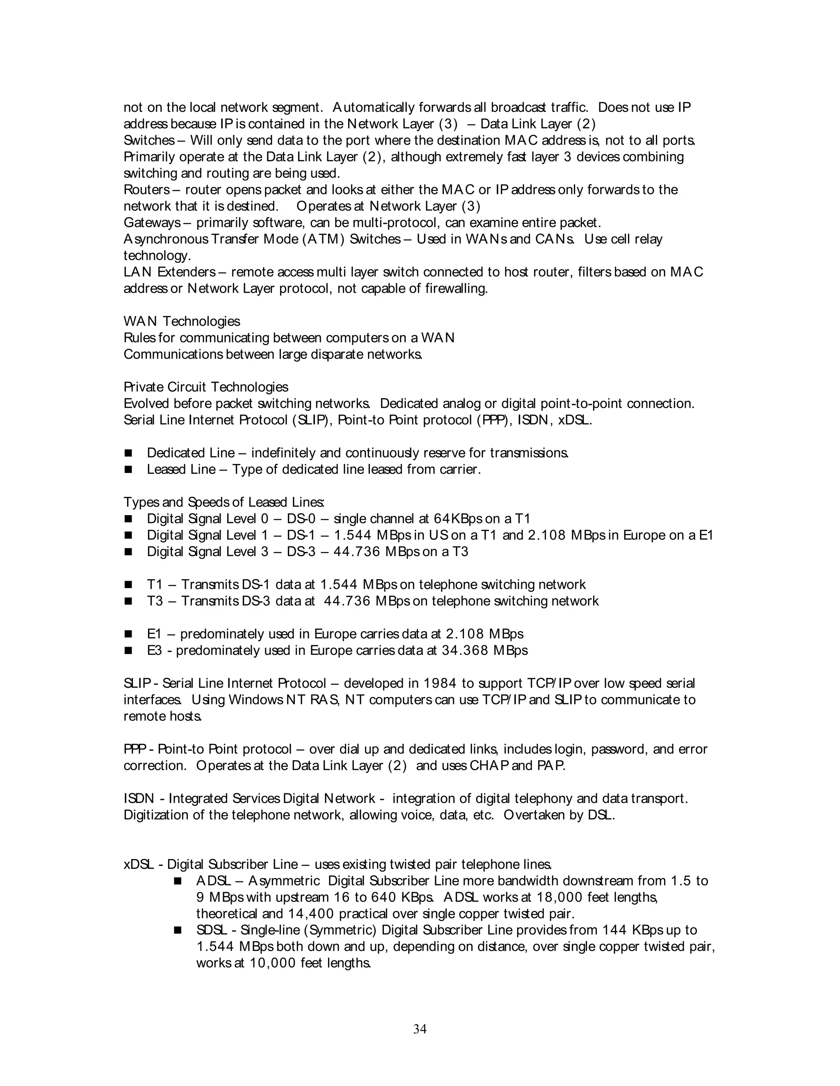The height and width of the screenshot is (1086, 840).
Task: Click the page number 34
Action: click(420, 1029)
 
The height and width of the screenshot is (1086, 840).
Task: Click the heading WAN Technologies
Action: click(182, 321)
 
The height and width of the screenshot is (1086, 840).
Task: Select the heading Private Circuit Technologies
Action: click(205, 387)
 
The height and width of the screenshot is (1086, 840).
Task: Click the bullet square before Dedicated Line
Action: click(128, 453)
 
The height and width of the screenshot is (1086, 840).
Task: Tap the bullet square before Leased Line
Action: click(128, 469)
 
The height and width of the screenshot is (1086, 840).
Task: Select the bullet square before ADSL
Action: click(178, 881)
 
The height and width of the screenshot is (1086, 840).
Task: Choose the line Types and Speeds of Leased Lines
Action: click(224, 502)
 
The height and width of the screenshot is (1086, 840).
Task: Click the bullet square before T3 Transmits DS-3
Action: click(128, 601)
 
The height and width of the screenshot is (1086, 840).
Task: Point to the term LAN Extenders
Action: click(169, 272)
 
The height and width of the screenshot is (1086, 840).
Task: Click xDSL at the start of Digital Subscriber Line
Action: click(138, 864)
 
